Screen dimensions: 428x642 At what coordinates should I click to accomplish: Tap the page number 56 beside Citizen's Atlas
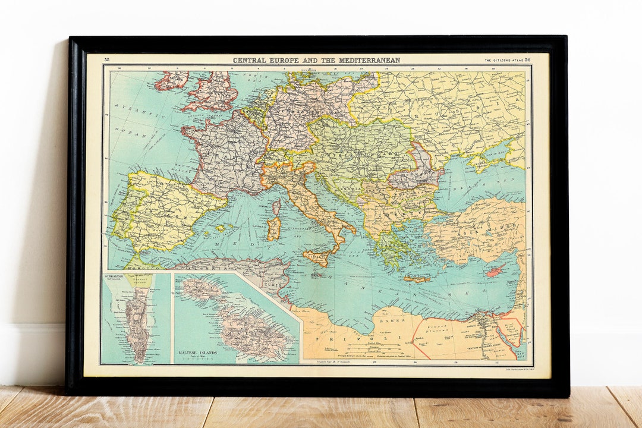tap(527, 60)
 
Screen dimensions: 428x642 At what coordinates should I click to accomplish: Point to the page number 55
tap(107, 60)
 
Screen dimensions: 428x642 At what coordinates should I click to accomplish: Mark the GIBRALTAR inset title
tap(114, 277)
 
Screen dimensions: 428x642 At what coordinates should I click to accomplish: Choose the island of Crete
tap(417, 279)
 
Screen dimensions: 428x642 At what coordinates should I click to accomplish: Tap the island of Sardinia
tap(273, 229)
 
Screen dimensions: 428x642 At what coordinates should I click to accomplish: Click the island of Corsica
tap(276, 207)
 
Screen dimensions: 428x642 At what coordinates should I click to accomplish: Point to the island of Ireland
tap(171, 80)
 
